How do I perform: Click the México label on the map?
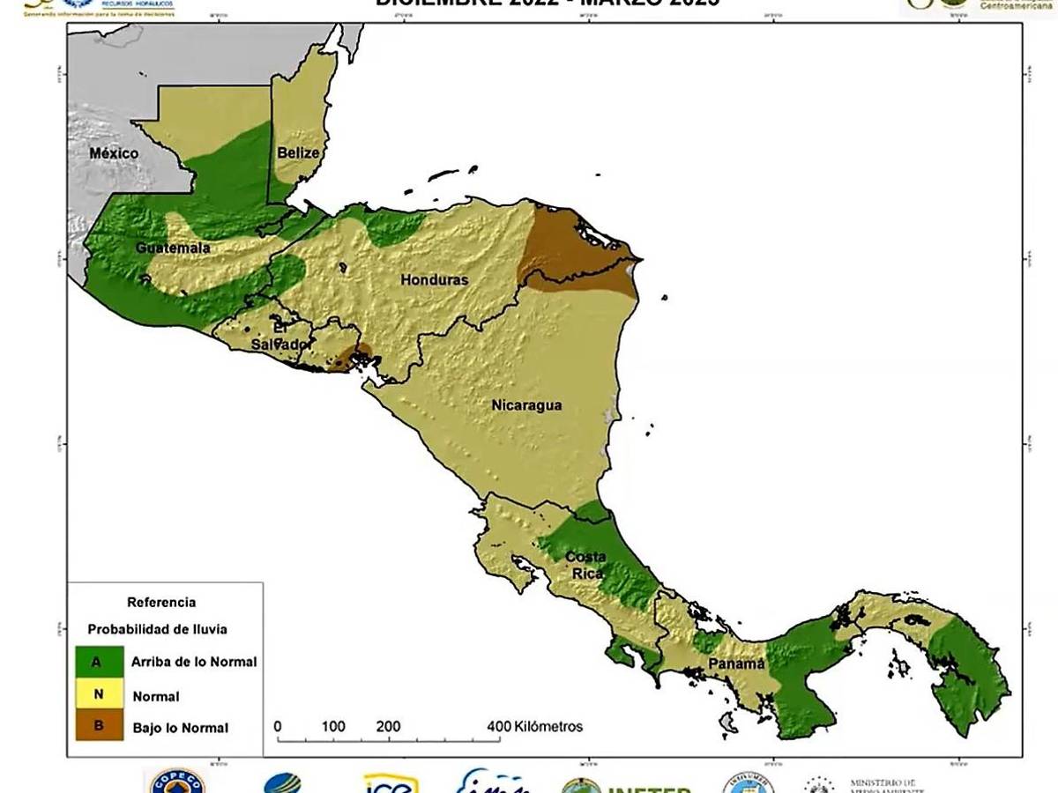coord(114,153)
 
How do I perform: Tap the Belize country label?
coord(297,152)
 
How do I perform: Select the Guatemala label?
coord(173,248)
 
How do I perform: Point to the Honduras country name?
coord(434,280)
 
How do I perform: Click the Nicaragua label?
coord(526,405)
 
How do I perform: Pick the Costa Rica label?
coord(585,565)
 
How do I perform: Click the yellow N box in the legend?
coord(99,694)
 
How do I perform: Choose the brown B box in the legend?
coord(99,727)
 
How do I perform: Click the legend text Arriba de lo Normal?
coord(194,662)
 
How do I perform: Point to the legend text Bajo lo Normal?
coord(180,728)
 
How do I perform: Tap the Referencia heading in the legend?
coord(161,603)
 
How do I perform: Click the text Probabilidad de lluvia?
coord(157,629)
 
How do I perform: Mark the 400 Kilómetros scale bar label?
coord(534,727)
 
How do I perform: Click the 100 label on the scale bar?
coord(333,727)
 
